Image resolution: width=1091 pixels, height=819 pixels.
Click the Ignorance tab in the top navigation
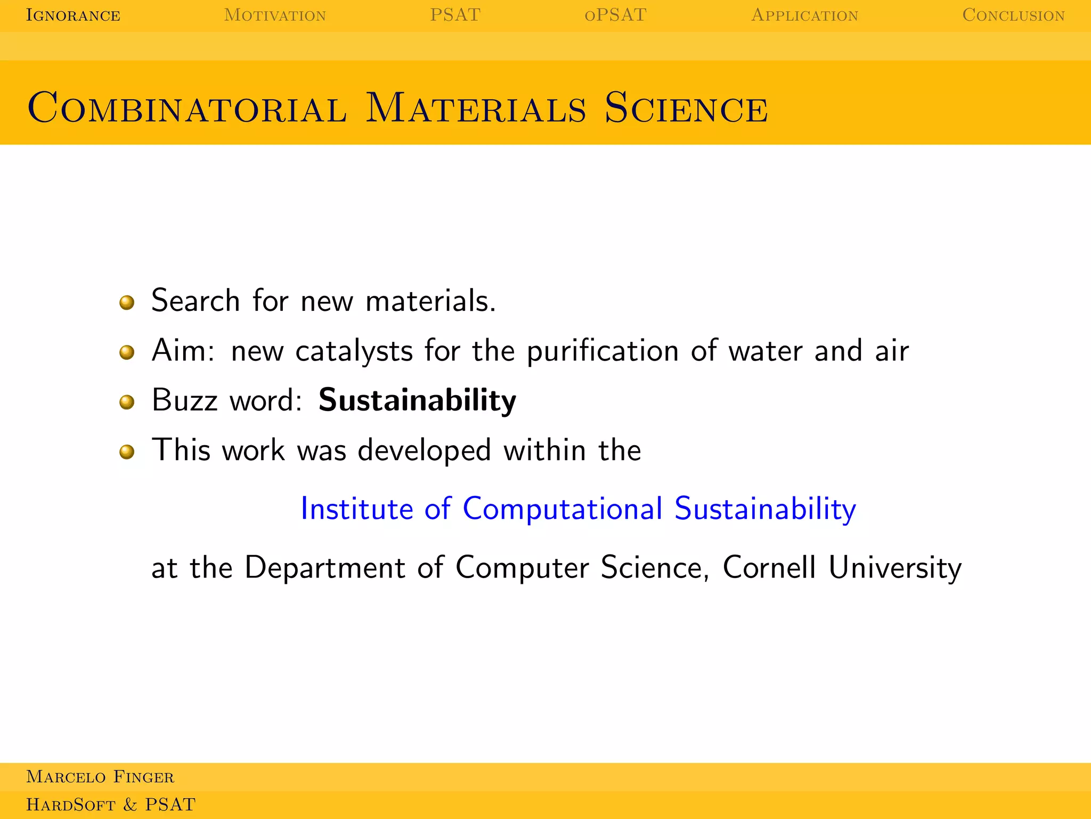pos(73,15)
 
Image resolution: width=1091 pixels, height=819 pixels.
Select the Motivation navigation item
pos(275,15)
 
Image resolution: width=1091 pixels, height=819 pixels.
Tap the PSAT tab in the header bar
pos(455,15)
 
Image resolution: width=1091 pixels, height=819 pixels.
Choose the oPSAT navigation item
pos(615,15)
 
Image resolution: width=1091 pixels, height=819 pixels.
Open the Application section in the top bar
pos(804,15)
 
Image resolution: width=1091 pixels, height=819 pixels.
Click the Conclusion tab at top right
pos(1013,15)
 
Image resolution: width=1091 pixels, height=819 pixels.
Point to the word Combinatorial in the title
pos(187,108)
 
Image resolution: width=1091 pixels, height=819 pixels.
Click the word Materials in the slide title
pos(476,108)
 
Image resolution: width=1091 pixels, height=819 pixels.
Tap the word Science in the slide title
pos(686,108)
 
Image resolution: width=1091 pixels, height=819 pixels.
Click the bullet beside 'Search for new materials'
pos(127,303)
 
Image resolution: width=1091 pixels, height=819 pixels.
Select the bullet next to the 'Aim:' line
pos(127,352)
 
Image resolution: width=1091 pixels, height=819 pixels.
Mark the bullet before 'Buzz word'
pos(127,402)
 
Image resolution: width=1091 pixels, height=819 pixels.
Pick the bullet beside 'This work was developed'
pos(127,452)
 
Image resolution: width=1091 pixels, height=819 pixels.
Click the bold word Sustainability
pos(417,400)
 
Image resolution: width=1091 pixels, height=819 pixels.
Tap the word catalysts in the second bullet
pos(354,351)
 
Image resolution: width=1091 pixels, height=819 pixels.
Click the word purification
pos(603,351)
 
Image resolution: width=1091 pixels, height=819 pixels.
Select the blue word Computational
pos(563,509)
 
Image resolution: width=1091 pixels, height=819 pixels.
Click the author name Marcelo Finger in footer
pos(100,777)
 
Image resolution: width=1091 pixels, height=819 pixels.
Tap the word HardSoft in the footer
pos(71,805)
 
